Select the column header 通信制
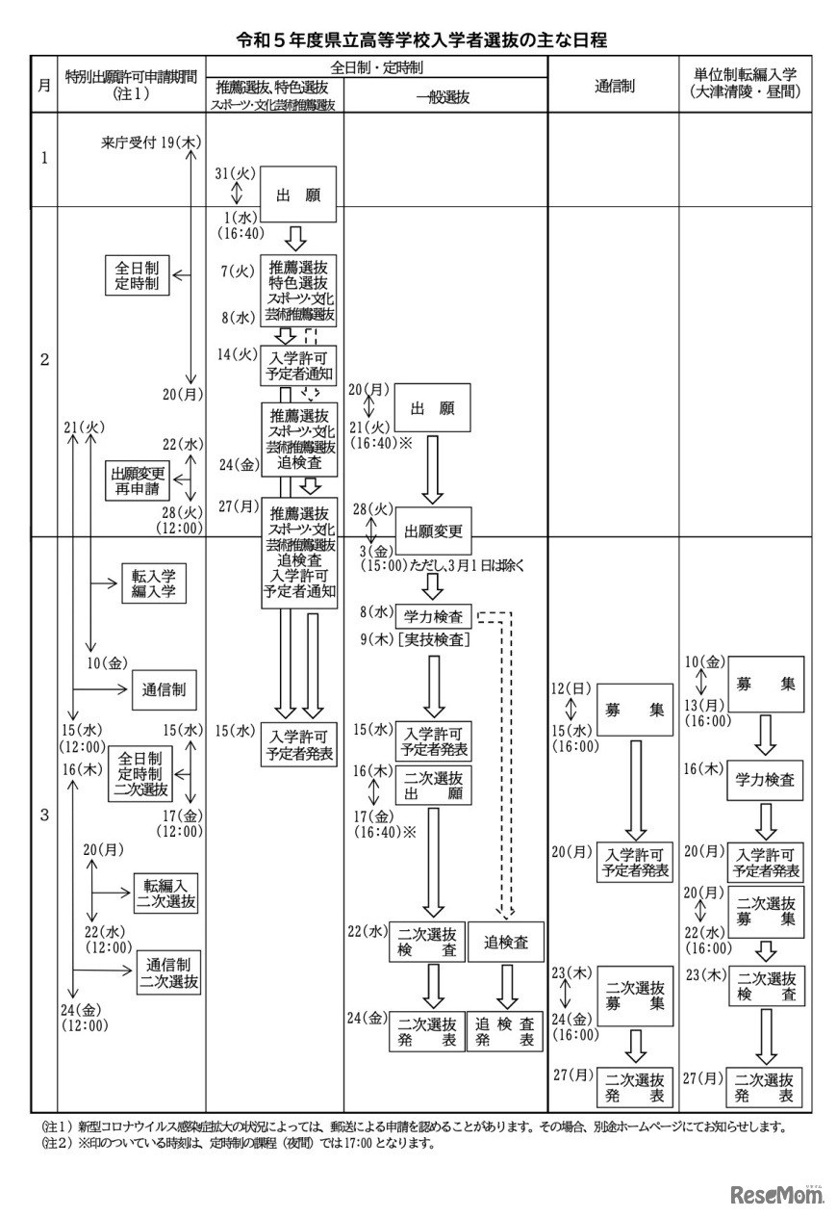(x=613, y=85)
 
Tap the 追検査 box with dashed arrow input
(x=505, y=943)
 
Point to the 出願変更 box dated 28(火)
(x=433, y=531)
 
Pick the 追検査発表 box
(x=505, y=1031)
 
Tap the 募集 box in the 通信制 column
(x=634, y=710)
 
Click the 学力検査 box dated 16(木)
(x=765, y=780)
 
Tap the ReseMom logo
(x=777, y=1195)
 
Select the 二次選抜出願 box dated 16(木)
(x=433, y=786)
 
